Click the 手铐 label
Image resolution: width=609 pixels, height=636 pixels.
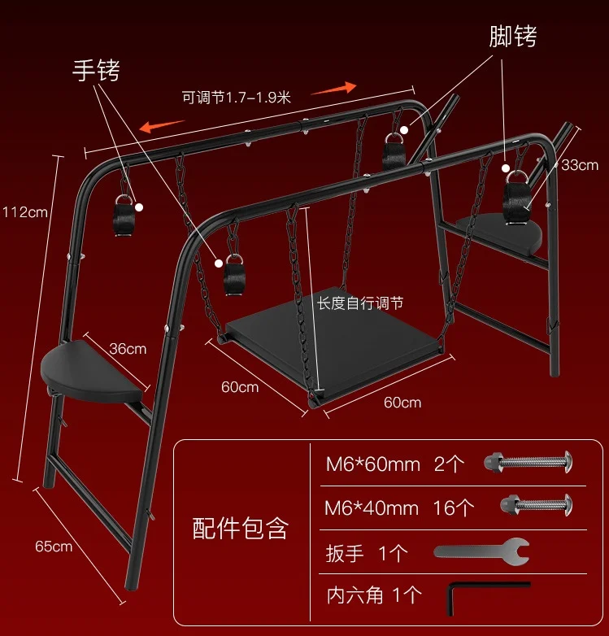(x=97, y=71)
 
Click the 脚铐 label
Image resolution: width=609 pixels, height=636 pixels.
(x=513, y=36)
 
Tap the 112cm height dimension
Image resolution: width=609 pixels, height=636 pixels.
(x=25, y=212)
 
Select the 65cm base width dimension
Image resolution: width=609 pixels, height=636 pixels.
(x=54, y=546)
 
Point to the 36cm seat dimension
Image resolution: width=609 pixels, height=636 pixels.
(x=128, y=349)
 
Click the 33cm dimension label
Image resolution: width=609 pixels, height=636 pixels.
(x=579, y=165)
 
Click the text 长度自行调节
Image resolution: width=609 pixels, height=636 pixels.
(x=359, y=303)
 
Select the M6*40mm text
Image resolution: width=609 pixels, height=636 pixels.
(x=372, y=508)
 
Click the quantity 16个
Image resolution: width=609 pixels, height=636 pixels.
(x=454, y=508)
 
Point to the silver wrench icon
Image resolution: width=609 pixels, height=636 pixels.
(x=481, y=551)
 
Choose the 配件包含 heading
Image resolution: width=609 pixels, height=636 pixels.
(x=240, y=528)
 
